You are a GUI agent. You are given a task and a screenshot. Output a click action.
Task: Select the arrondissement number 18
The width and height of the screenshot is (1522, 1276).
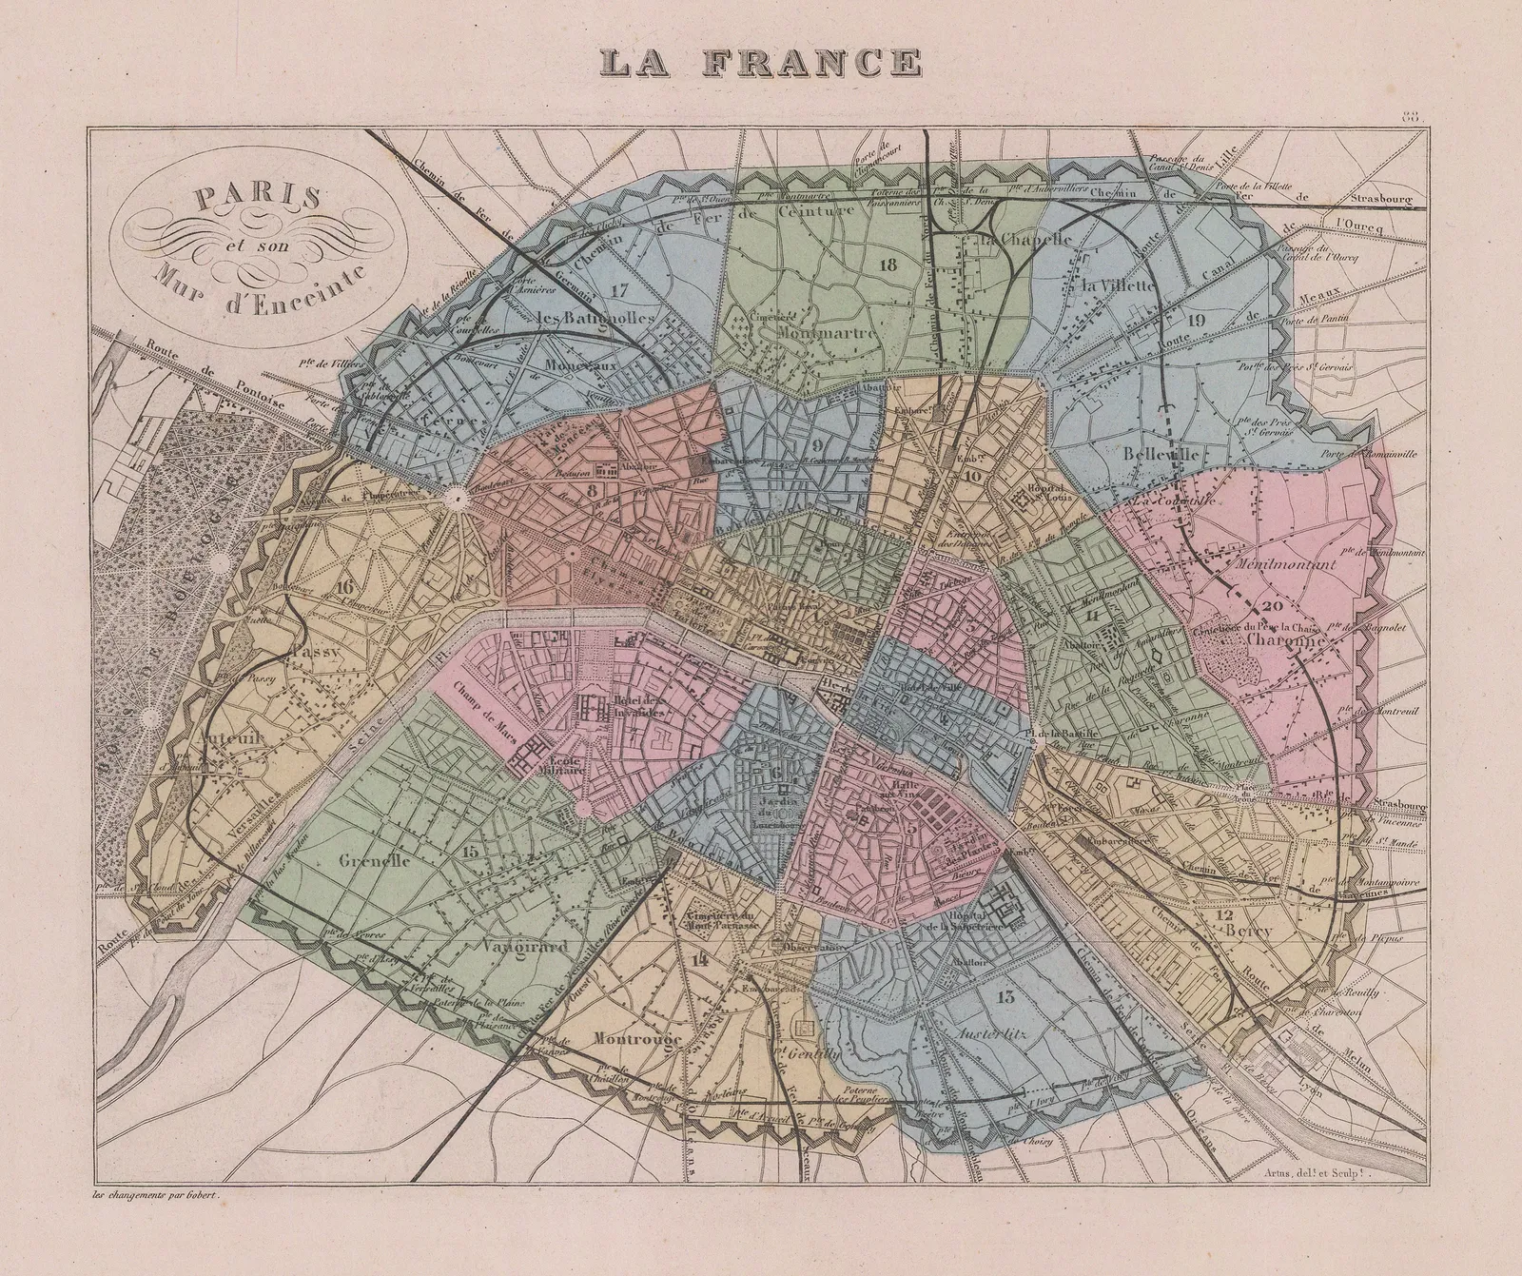point(888,265)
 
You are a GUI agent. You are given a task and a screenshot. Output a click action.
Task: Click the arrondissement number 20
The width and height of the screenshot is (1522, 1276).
point(1272,606)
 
